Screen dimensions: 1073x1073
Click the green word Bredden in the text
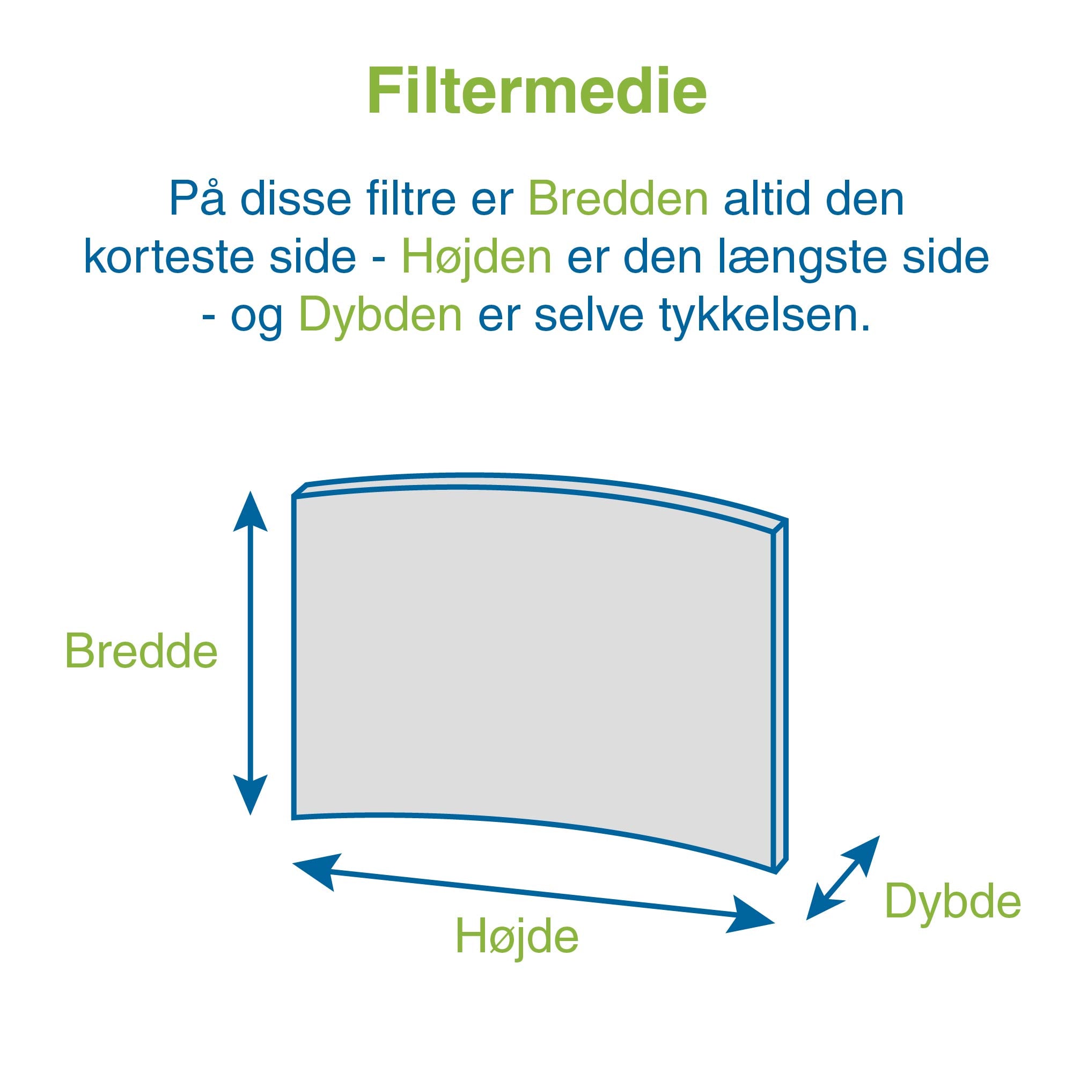pos(618,199)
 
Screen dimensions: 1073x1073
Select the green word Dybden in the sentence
pos(380,315)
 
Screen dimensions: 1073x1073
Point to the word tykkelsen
pos(764,315)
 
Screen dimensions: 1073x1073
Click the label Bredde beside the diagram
pos(141,650)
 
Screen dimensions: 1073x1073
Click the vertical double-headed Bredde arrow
pos(251,652)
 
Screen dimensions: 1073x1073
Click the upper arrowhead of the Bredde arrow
pos(251,511)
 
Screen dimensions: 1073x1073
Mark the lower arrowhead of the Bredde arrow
pos(251,795)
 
